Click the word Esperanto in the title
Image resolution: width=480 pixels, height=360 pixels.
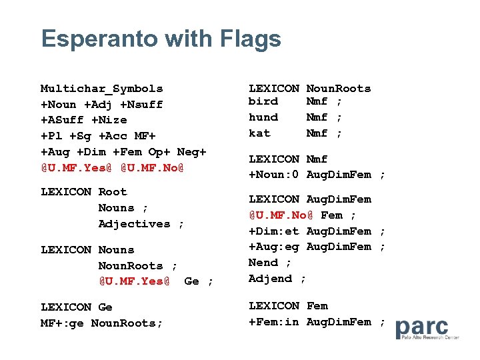click(100, 39)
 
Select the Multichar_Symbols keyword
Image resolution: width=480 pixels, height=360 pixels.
click(101, 89)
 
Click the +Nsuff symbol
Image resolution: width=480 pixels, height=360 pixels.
click(141, 105)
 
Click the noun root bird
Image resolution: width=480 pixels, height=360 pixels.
click(263, 101)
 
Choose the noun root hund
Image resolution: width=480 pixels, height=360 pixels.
click(263, 117)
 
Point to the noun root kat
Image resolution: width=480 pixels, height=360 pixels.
click(259, 133)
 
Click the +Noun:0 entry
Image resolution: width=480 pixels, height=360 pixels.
click(274, 175)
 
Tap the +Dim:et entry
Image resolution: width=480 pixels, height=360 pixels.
click(274, 231)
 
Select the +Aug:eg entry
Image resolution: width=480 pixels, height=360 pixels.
click(274, 247)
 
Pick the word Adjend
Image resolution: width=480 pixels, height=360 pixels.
click(270, 279)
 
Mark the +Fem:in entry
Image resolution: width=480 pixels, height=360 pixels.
click(274, 322)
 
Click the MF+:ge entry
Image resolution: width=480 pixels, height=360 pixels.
click(62, 323)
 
